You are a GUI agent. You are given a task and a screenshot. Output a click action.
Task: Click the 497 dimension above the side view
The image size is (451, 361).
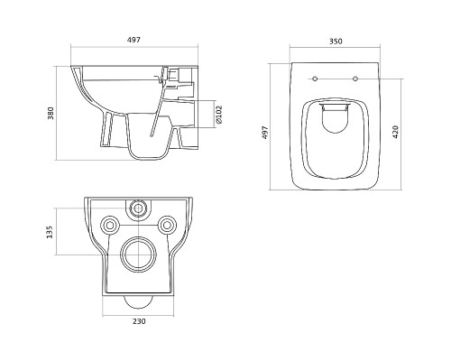(133, 40)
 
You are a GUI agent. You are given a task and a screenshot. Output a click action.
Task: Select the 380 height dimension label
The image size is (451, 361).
(51, 113)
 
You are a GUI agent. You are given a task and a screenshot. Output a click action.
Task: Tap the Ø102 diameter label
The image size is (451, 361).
(219, 115)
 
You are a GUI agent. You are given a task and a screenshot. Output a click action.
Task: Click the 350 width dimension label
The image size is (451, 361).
(336, 42)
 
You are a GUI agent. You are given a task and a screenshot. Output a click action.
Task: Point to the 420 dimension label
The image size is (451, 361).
(395, 132)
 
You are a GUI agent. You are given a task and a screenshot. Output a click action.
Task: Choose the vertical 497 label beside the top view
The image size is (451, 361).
(265, 133)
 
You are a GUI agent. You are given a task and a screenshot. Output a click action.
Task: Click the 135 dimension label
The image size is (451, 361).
(50, 232)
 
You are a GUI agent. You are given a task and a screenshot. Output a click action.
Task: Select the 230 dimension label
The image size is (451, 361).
(139, 321)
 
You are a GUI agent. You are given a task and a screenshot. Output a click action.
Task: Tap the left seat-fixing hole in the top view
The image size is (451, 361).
(315, 79)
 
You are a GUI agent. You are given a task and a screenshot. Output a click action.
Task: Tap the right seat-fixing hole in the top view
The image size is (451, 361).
(355, 79)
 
